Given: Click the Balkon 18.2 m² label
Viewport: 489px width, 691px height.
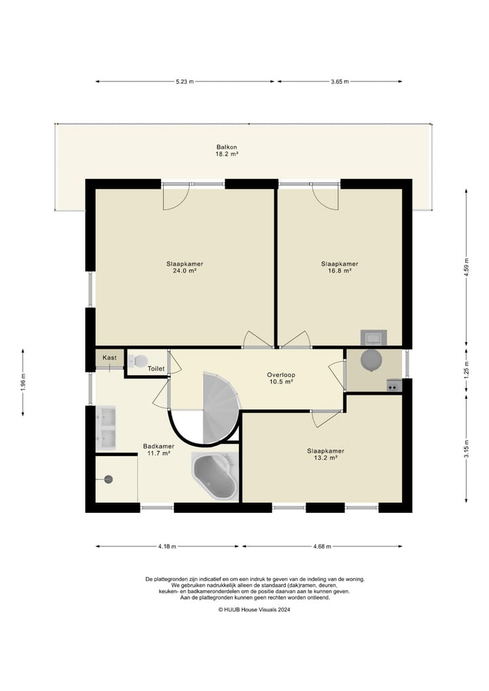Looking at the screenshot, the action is tap(227, 151).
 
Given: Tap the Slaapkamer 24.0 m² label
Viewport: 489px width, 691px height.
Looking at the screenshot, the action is tap(185, 268).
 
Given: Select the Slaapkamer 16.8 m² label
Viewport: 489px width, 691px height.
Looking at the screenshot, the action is tap(340, 268).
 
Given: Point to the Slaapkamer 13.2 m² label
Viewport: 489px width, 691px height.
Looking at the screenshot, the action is tap(325, 455).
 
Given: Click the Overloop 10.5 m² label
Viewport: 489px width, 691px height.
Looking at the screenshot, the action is tap(281, 378).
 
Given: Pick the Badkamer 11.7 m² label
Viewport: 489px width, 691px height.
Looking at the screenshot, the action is tap(159, 450).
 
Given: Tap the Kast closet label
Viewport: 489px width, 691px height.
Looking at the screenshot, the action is tap(110, 357).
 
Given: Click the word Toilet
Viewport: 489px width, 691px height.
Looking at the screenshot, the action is tap(156, 368).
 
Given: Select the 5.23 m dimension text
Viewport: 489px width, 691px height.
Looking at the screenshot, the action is tap(185, 82).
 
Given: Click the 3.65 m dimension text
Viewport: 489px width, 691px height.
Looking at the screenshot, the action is tap(340, 82).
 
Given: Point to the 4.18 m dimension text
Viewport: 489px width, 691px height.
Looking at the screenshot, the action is tap(167, 546).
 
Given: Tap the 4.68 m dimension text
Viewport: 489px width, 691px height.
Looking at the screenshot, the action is tap(322, 546).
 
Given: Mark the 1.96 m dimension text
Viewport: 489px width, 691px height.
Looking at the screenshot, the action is tap(23, 383).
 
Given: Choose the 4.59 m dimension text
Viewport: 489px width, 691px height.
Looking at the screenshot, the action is tap(467, 267).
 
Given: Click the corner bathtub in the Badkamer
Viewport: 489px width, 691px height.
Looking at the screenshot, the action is tap(215, 476).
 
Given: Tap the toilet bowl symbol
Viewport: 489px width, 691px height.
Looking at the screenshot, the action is tap(138, 361).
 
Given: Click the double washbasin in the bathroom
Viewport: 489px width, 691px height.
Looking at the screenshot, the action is tap(106, 428).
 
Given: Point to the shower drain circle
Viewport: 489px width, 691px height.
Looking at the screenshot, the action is tap(109, 479).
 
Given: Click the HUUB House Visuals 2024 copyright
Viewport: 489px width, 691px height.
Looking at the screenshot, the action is tap(254, 610).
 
